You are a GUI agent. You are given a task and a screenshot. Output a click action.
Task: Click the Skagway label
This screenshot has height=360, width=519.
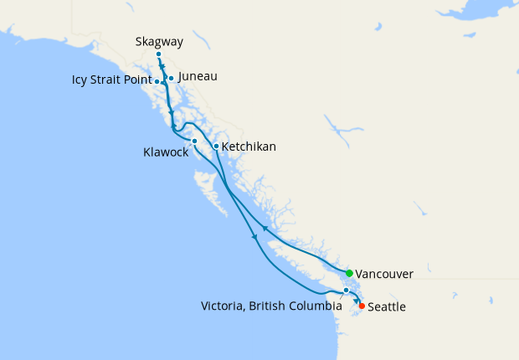coord(159,41)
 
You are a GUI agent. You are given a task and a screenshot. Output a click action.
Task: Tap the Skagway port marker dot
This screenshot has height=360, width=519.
coord(158,54)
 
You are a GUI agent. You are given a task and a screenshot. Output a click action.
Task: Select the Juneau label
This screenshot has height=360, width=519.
coord(198,76)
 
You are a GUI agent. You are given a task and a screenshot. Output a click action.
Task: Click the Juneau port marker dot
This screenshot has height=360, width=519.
coord(171,79)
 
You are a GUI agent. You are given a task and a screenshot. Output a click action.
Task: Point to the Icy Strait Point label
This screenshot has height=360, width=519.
coord(110,81)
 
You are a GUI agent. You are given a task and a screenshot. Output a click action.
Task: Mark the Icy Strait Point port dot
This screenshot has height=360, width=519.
coord(157,81)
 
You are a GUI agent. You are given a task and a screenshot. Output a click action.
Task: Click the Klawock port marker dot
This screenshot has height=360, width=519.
coord(194,141)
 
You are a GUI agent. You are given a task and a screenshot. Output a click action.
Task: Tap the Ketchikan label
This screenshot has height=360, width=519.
coord(249,147)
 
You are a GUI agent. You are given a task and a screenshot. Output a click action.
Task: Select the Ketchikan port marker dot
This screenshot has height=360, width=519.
coord(216,147)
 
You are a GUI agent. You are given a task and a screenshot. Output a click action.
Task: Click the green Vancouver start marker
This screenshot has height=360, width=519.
coord(349,273)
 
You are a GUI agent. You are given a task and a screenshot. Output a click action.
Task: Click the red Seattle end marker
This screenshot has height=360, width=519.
coord(362,306)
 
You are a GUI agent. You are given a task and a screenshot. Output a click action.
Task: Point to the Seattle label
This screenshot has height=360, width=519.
coord(387,307)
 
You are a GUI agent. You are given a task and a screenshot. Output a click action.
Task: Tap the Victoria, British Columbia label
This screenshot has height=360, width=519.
coord(271,306)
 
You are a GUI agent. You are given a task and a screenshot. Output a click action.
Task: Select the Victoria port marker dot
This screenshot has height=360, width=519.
coord(346,291)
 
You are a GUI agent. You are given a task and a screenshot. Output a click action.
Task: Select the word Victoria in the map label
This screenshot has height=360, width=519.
coord(222,306)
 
